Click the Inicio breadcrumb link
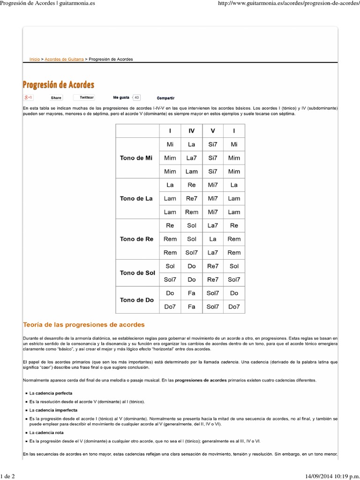pos(34,60)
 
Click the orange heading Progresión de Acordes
pos(59,85)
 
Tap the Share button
pos(56,97)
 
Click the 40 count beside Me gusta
pos(136,97)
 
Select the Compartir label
pos(165,98)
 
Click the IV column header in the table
pos(191,131)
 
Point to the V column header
pos(213,131)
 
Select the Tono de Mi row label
pos(136,158)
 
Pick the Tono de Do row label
pos(136,300)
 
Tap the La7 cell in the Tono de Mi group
pos(191,158)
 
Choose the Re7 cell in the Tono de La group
pos(191,198)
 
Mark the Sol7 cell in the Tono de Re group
pos(191,253)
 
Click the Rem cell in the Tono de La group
pos(191,212)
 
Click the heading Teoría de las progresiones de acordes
pos(84,324)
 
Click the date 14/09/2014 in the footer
pos(313,476)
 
